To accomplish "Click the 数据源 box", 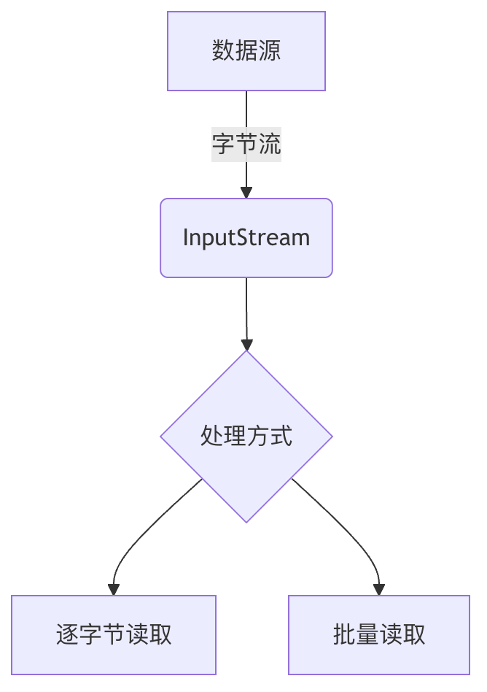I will [246, 51].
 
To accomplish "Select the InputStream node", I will [246, 238].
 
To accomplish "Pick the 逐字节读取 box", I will [114, 634].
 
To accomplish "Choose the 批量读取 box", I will [379, 634].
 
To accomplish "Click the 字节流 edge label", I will [246, 145].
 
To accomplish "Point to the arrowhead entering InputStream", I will [246, 193].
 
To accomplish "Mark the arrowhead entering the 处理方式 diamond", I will [246, 345].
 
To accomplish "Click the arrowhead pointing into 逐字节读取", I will [114, 590].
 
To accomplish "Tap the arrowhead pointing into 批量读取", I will [379, 590].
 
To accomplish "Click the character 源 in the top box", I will [270, 51].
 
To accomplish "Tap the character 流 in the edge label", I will [270, 145].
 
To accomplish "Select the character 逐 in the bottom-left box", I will [67, 634].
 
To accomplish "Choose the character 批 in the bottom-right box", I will [344, 634].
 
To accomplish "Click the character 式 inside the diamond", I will [281, 437].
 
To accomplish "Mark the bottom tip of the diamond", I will [246, 520].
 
